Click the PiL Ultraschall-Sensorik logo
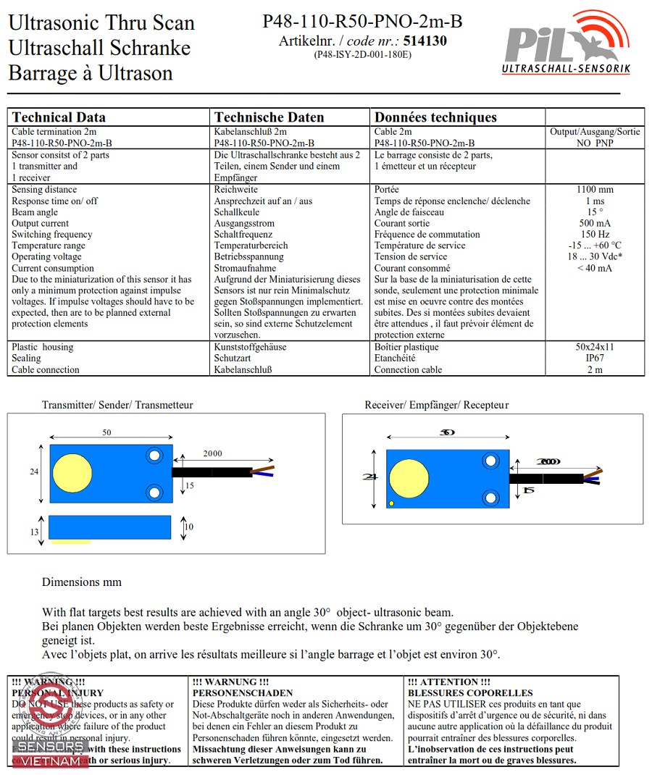tap(567, 43)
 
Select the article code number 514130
tap(425, 41)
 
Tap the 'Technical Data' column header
tap(59, 117)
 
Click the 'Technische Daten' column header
tap(269, 117)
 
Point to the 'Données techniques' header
tap(435, 117)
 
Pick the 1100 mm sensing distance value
tap(595, 190)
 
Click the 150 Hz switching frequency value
tap(595, 235)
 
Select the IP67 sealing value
tap(595, 359)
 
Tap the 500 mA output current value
tap(595, 224)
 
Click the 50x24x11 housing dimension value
tap(595, 347)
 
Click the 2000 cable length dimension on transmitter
tap(212, 453)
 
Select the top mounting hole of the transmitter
tap(154, 456)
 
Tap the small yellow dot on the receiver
tap(391, 503)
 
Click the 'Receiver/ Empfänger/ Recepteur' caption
tap(436, 405)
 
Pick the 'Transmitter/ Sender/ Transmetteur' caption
tap(117, 405)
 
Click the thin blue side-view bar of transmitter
tap(109, 527)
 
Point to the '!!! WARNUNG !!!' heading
tap(230, 682)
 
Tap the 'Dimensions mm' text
tap(82, 582)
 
